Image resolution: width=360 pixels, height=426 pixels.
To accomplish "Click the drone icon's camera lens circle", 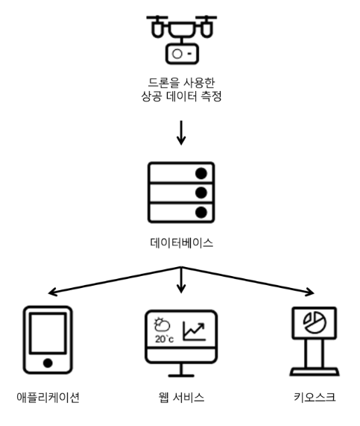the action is [x=177, y=54].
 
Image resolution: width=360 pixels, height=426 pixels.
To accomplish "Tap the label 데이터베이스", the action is [x=181, y=242].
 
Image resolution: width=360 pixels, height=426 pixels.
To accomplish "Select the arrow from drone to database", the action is [x=181, y=133].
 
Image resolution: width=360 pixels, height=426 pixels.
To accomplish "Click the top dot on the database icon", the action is [x=201, y=173].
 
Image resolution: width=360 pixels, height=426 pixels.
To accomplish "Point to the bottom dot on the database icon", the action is [x=201, y=213].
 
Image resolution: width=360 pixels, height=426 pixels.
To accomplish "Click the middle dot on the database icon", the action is [x=201, y=193].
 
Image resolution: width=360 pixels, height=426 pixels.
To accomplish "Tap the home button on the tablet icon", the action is [x=48, y=363].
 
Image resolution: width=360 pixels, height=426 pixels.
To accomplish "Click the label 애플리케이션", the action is [x=48, y=397].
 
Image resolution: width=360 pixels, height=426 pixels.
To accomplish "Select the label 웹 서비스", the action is [x=181, y=397].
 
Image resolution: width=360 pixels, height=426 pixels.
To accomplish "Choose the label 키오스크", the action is [x=315, y=397].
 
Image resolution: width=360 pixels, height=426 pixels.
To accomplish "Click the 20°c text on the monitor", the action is [x=164, y=339].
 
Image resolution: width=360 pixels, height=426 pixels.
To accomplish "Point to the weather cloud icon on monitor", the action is [x=162, y=325].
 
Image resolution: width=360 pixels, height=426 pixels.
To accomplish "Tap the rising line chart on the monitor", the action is [x=194, y=331].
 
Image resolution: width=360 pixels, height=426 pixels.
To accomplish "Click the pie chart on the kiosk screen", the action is [x=315, y=322].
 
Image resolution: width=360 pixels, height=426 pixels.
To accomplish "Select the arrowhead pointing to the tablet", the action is [x=52, y=292].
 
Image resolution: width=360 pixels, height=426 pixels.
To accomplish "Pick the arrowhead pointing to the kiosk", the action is [x=310, y=292].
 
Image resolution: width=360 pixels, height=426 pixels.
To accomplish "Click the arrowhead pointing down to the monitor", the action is [x=181, y=289].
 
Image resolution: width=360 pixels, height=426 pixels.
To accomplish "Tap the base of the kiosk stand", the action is [x=315, y=372].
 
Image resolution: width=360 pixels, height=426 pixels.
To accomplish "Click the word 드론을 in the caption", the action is [x=164, y=83].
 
